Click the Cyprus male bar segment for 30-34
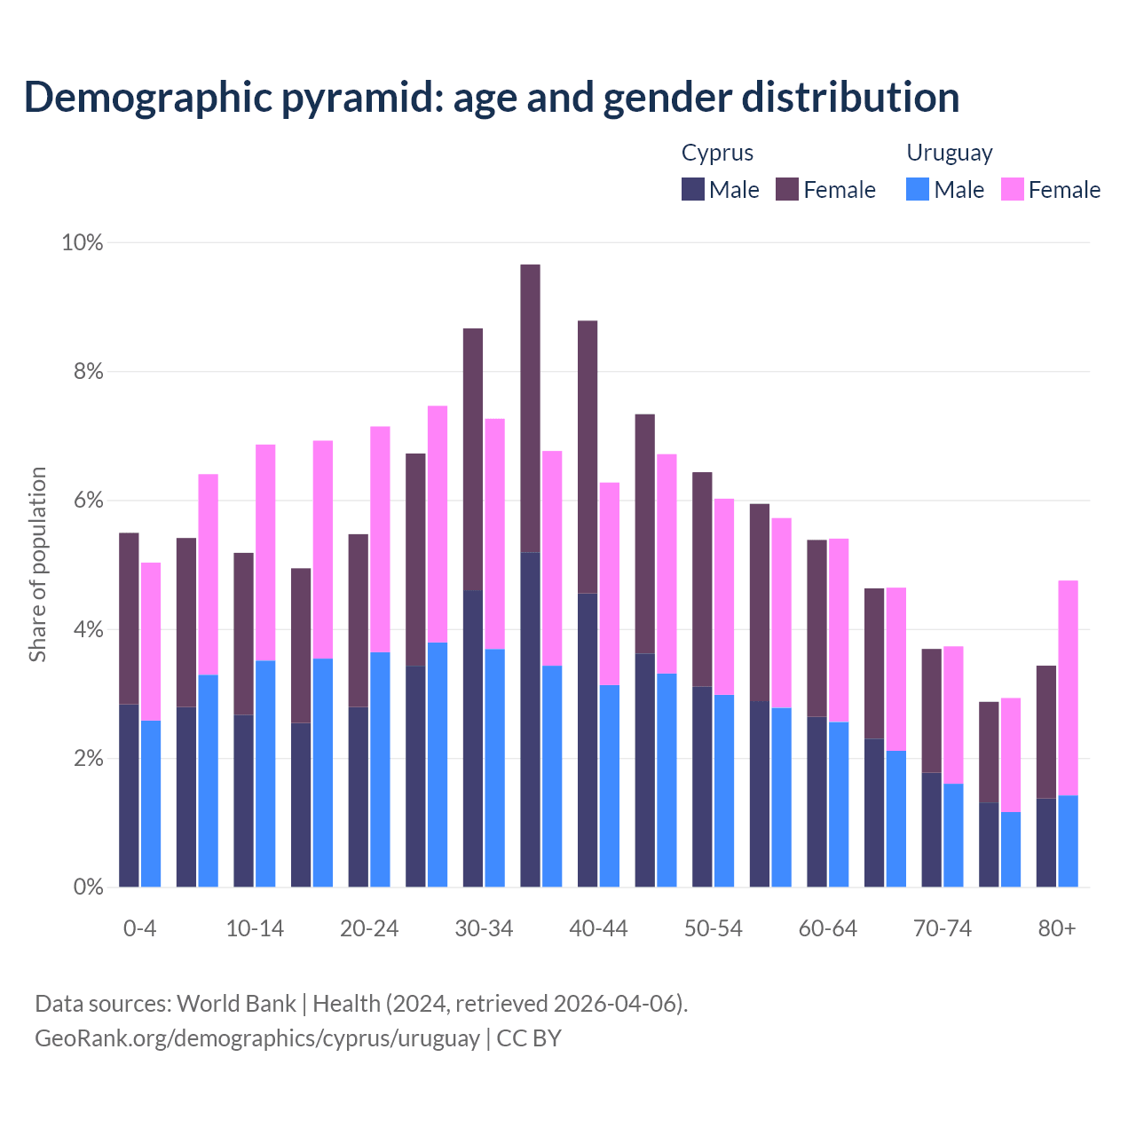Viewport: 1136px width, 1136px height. (473, 738)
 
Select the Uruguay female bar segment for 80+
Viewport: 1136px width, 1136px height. (1069, 688)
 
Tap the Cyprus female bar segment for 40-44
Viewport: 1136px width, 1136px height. (588, 457)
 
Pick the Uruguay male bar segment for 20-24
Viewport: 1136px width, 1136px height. (380, 769)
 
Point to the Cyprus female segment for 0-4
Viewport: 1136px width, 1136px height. (129, 619)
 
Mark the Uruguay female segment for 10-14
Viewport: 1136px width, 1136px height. (265, 552)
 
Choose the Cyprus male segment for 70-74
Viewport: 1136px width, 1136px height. (931, 830)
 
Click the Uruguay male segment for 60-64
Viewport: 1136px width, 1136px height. (839, 804)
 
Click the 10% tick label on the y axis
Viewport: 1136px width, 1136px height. (82, 242)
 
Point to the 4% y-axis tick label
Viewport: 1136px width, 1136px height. (88, 630)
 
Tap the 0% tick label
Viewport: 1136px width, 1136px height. (88, 887)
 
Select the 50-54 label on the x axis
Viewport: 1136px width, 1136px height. (714, 929)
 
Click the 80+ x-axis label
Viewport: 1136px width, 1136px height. (1057, 929)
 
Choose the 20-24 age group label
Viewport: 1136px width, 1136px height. (369, 929)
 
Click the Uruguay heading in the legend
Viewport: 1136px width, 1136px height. (949, 153)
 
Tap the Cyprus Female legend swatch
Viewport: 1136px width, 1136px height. (787, 189)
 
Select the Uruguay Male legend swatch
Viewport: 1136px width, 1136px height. (918, 189)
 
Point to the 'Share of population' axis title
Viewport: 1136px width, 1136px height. (37, 564)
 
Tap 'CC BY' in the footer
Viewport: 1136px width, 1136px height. (529, 1037)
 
